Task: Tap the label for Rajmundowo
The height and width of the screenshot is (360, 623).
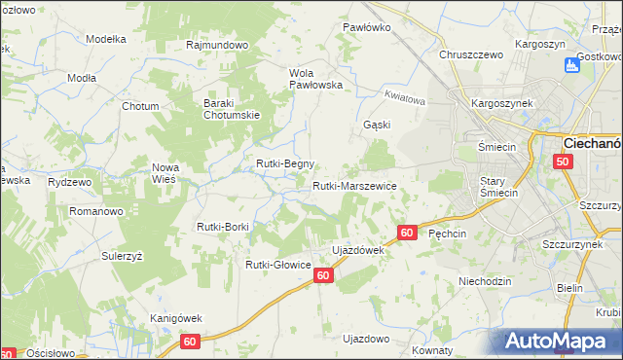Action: tap(218, 45)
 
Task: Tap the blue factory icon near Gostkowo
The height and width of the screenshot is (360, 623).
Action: tap(572, 66)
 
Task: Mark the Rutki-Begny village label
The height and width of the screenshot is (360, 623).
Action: tap(284, 163)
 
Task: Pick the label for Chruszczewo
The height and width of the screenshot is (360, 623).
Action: tap(471, 55)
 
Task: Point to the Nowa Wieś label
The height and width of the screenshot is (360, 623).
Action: tap(165, 173)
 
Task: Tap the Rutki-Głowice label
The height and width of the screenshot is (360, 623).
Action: tap(277, 264)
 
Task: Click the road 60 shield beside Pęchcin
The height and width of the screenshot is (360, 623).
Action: tap(408, 233)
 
